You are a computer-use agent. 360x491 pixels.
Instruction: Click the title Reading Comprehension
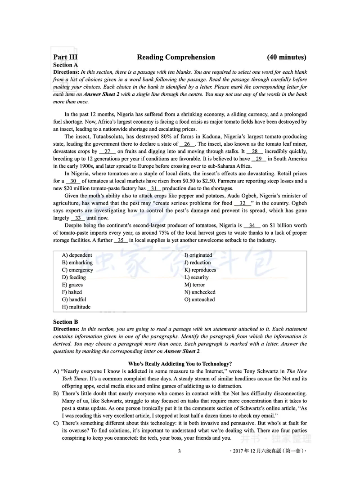176,57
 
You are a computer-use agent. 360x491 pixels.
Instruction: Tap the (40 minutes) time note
287,57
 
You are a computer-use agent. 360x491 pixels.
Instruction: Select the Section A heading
66,65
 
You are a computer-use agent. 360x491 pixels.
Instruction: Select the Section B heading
66,322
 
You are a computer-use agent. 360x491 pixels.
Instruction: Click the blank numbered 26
187,144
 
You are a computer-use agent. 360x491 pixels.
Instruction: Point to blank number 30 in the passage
73,181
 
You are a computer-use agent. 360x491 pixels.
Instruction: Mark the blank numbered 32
243,203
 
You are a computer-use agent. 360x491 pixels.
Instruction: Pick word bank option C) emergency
77,270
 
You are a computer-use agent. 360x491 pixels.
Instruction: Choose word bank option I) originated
198,255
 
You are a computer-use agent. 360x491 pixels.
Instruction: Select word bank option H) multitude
76,307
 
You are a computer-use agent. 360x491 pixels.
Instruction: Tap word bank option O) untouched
199,299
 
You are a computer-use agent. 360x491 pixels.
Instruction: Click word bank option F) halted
72,292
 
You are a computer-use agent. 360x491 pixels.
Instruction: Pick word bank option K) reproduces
200,270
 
